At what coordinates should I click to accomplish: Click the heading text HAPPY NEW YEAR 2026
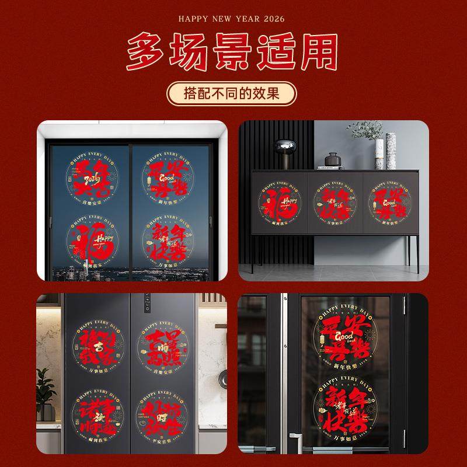click(x=232, y=19)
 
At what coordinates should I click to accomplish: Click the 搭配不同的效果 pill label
click(x=232, y=93)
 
